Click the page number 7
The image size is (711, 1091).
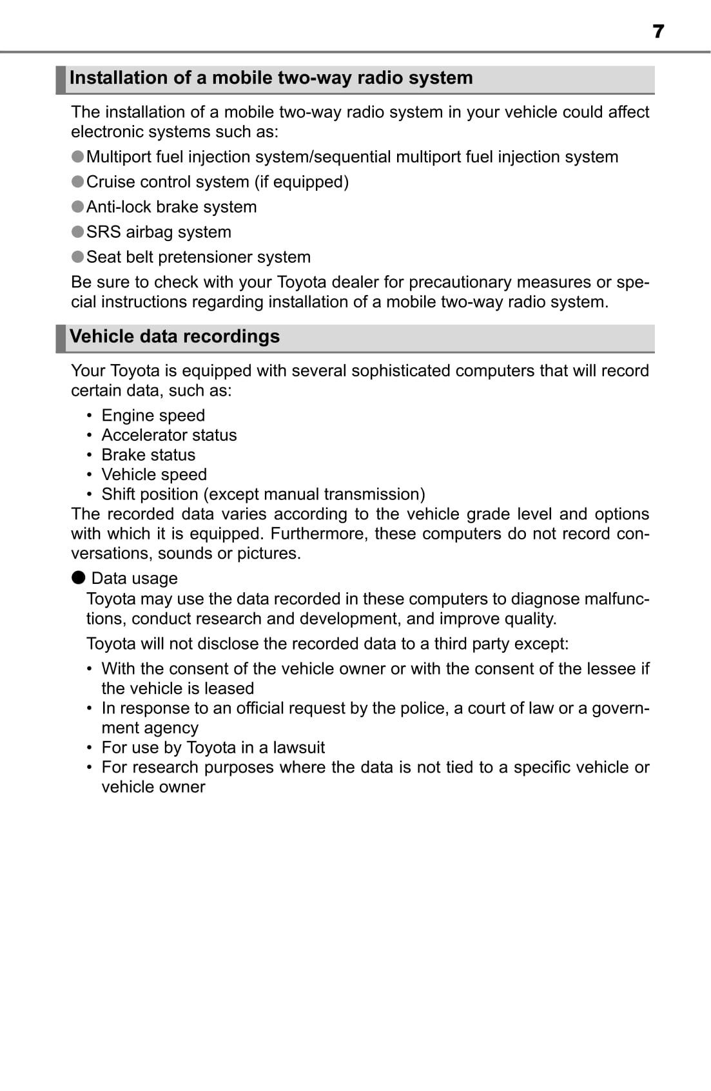[657, 31]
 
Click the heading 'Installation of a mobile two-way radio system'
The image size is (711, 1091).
[271, 78]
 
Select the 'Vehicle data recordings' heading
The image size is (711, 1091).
[175, 336]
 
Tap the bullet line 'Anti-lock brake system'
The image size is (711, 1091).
[171, 207]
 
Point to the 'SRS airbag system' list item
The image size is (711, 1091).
[159, 232]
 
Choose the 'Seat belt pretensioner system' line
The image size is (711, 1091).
[199, 257]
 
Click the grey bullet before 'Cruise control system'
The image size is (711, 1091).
[78, 182]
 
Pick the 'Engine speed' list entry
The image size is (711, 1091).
[153, 416]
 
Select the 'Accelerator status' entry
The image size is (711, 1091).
[169, 435]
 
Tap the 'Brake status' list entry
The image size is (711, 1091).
[148, 455]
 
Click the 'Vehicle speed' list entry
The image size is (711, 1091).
[154, 475]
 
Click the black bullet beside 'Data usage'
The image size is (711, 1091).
[79, 577]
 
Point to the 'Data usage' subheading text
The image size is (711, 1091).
[134, 579]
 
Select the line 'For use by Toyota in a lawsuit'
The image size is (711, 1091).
[213, 748]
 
